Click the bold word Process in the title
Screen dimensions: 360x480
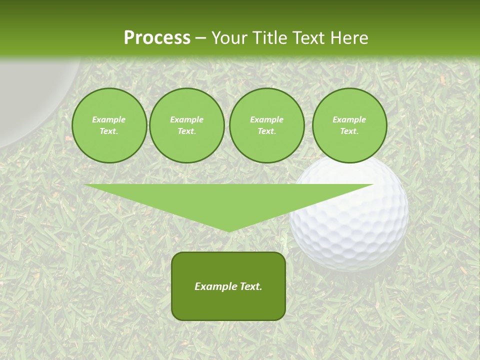(157, 38)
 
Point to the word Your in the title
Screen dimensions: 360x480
(229, 38)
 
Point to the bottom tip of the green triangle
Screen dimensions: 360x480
(228, 230)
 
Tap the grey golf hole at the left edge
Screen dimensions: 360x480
(30, 100)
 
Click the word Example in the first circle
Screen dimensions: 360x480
(109, 119)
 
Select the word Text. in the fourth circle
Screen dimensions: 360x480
(349, 131)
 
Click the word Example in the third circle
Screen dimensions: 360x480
(266, 119)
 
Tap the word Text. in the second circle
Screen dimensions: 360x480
(186, 131)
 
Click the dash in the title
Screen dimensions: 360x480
(200, 38)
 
